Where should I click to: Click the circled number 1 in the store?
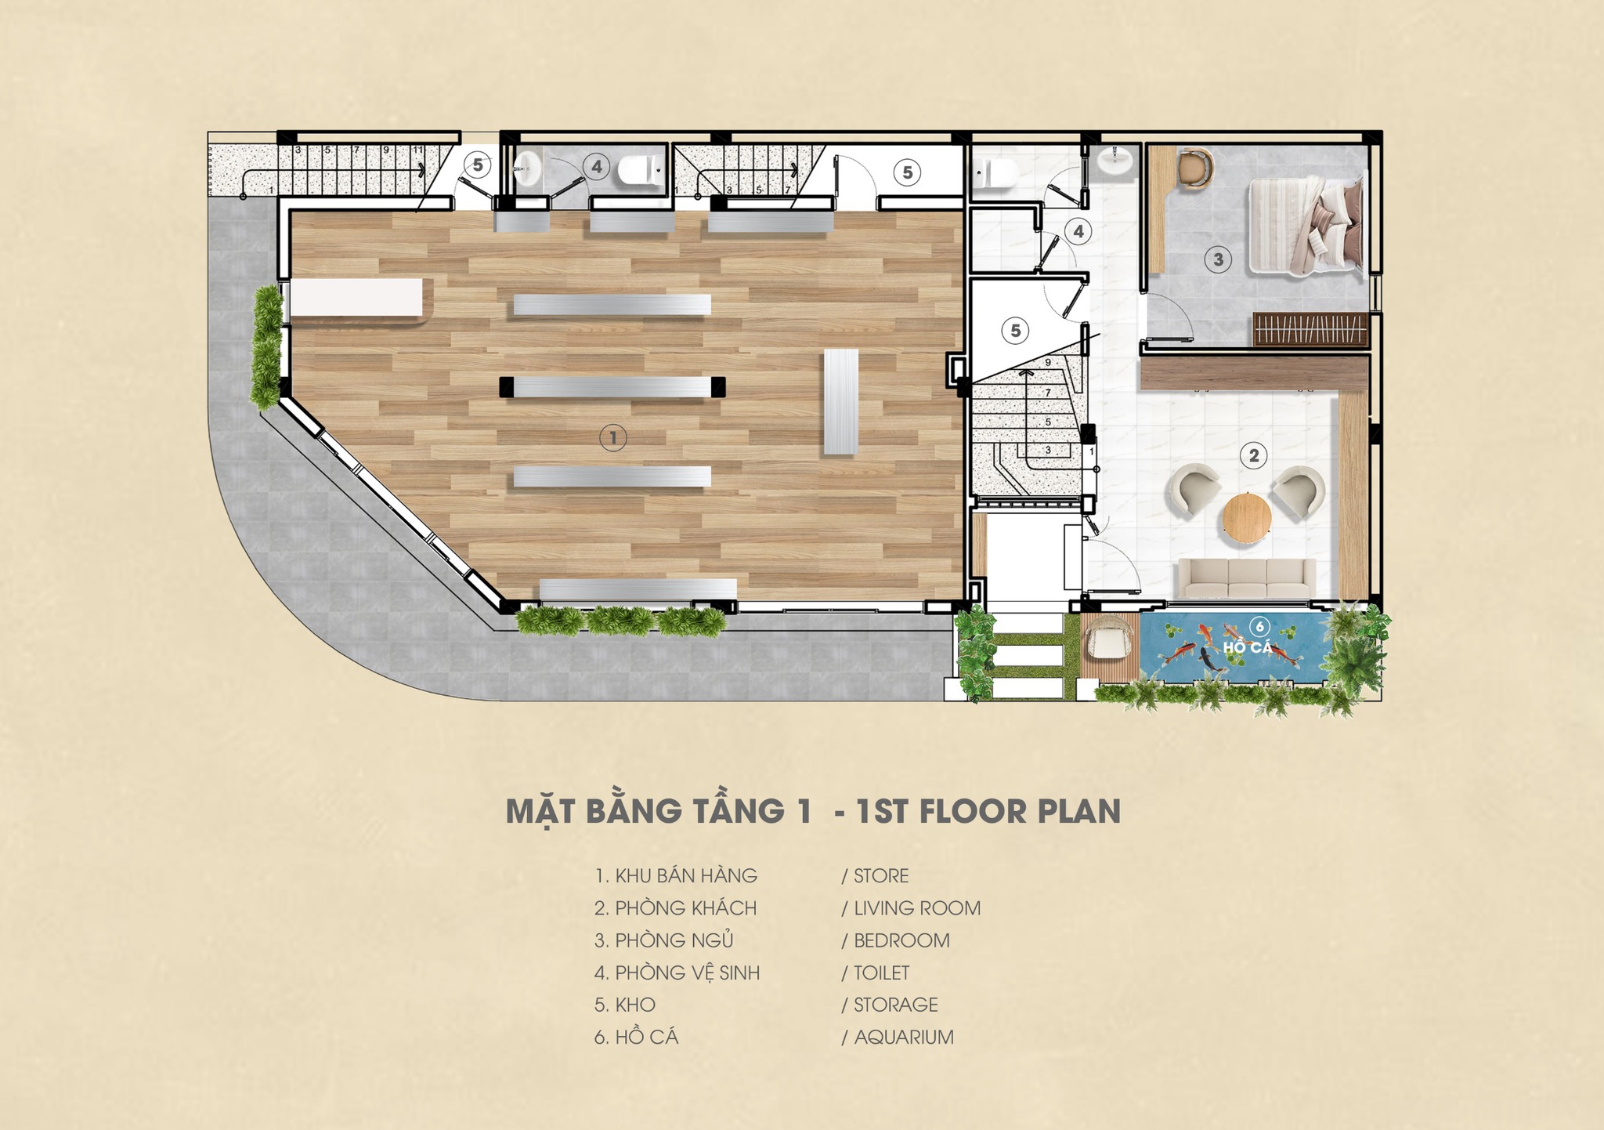tap(613, 437)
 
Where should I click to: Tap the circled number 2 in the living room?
tap(1254, 455)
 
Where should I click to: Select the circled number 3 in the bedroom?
tap(1218, 259)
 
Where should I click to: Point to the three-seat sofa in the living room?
tap(1248, 579)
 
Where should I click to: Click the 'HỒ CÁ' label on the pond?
tap(1248, 647)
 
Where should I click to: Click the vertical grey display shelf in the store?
tap(840, 402)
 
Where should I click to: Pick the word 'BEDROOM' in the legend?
tap(901, 940)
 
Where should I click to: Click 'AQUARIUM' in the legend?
tap(904, 1037)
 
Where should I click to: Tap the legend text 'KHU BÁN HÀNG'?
tap(686, 875)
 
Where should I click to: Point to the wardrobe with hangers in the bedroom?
tap(1310, 329)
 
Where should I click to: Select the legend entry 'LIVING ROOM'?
tap(917, 908)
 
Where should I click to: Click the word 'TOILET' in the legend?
tap(882, 972)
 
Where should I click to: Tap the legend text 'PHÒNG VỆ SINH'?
tap(688, 972)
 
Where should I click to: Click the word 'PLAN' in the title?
tap(1079, 812)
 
